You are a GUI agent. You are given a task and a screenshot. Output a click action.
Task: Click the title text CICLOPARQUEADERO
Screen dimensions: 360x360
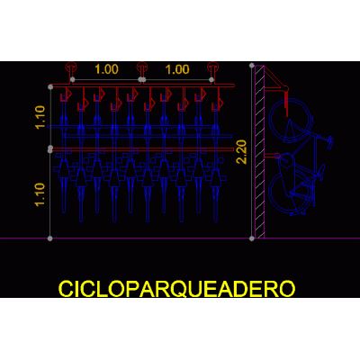click(x=176, y=289)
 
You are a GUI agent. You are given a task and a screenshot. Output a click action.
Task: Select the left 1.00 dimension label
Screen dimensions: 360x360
click(x=106, y=69)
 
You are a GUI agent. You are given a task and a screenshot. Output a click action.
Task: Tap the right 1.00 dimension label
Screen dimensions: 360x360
click(x=177, y=69)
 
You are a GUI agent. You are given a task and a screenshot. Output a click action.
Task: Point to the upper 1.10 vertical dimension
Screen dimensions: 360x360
click(x=40, y=117)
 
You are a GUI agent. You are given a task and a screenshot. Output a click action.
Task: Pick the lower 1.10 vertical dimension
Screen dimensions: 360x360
click(x=40, y=194)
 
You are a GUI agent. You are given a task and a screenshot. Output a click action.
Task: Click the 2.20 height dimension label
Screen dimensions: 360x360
click(x=241, y=152)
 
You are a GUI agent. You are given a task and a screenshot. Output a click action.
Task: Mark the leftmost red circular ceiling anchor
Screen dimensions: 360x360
click(x=71, y=67)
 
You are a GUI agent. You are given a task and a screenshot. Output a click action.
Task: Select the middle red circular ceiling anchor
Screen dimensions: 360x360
click(x=141, y=67)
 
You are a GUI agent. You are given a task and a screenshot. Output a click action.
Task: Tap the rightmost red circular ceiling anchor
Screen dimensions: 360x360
click(x=212, y=67)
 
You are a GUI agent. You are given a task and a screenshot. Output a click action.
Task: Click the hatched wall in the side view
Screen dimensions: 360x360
click(x=260, y=151)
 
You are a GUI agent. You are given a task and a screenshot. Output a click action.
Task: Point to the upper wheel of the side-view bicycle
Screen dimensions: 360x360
click(x=290, y=120)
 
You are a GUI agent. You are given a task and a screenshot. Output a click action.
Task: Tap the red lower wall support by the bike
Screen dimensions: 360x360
click(x=271, y=157)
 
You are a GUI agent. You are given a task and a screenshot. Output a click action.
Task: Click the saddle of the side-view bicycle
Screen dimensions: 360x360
click(x=320, y=171)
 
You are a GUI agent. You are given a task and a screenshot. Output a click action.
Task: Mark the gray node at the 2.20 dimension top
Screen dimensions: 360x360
click(x=252, y=65)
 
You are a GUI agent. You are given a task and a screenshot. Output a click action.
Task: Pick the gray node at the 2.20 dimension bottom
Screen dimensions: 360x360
click(x=252, y=238)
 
